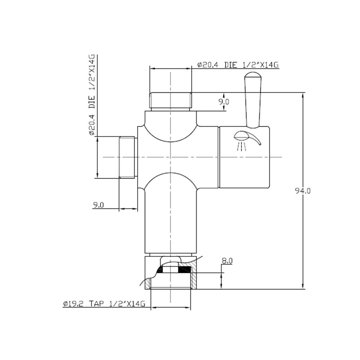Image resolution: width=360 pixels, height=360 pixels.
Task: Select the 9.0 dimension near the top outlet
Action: (x=224, y=102)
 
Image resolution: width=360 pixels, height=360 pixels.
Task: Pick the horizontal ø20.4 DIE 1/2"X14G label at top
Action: (x=238, y=65)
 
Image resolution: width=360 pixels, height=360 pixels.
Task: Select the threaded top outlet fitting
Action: (x=170, y=101)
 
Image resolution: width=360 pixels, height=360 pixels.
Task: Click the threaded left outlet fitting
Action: (x=128, y=157)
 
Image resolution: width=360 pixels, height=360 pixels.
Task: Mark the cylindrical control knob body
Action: (x=244, y=157)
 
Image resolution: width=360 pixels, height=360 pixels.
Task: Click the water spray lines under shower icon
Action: (x=241, y=147)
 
